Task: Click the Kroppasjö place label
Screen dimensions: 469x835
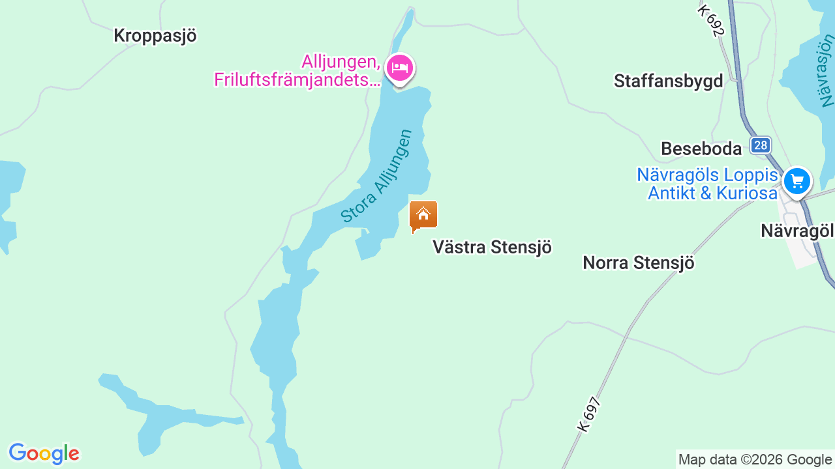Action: pos(155,36)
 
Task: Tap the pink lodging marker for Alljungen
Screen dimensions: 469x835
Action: pos(399,68)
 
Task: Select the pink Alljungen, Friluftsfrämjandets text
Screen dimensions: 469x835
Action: pos(297,71)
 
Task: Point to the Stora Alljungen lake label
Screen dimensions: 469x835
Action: pos(377,176)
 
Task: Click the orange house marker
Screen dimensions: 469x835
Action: pos(423,216)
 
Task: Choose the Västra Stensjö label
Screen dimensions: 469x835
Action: pos(493,248)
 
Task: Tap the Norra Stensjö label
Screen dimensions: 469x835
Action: pos(638,263)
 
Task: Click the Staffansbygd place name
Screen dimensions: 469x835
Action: pos(668,81)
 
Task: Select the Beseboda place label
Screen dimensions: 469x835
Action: pos(701,149)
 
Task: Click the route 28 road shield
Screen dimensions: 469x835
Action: pos(760,145)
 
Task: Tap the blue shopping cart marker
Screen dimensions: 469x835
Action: pos(797,181)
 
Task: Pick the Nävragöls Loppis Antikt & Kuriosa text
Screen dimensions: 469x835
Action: pos(708,184)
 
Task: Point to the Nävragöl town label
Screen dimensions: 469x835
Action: pos(797,231)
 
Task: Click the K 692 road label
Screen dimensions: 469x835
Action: pos(711,20)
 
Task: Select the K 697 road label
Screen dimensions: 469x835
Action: pos(588,414)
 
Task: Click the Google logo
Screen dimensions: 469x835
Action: pos(44,453)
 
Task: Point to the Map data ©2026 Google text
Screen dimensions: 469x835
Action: pos(755,460)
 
